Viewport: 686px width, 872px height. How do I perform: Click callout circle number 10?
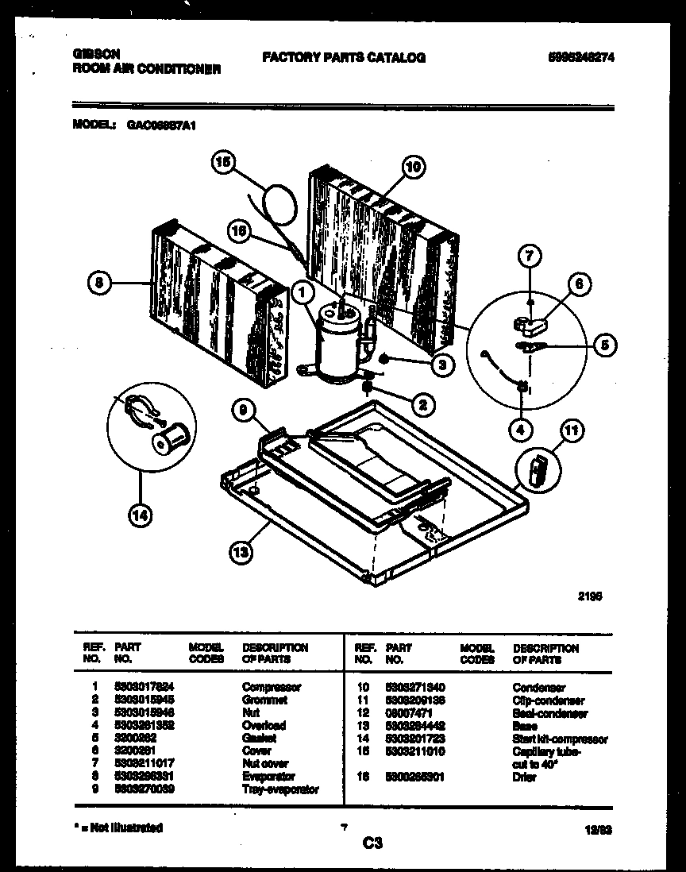click(413, 167)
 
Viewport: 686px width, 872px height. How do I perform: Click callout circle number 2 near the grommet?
click(422, 404)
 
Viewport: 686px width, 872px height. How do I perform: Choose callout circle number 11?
click(571, 432)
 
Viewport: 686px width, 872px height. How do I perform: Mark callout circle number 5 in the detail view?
click(606, 345)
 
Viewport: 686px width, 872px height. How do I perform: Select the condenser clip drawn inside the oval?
click(534, 470)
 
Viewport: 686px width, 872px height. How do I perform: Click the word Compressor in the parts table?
click(272, 687)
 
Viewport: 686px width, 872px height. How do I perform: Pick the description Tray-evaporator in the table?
click(280, 789)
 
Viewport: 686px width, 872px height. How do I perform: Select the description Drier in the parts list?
click(525, 777)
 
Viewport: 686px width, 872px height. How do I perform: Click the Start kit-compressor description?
click(560, 739)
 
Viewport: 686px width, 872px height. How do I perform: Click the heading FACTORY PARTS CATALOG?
click(343, 57)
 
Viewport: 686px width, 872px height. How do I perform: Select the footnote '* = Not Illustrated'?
click(117, 828)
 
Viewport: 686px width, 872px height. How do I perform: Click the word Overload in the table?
click(264, 726)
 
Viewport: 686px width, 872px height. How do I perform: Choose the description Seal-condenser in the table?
click(550, 714)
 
